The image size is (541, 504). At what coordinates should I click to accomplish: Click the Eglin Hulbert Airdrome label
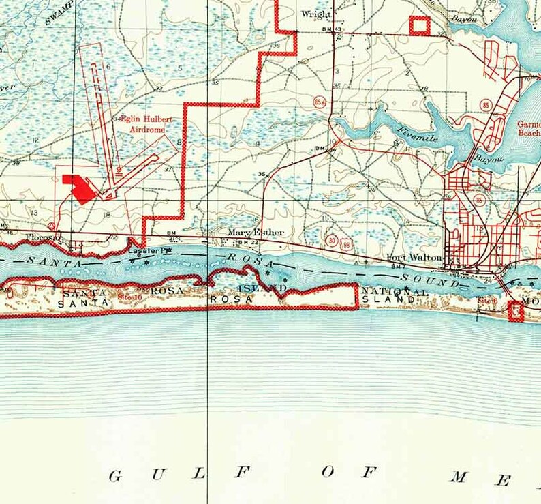tap(146, 123)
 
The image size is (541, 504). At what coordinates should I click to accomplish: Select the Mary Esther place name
tap(246, 232)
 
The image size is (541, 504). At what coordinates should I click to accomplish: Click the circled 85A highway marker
tap(319, 102)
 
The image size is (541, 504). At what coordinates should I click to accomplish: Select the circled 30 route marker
tap(331, 240)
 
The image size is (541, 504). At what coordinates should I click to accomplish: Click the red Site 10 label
tap(129, 297)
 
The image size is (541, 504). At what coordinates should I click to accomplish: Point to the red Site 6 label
tap(486, 300)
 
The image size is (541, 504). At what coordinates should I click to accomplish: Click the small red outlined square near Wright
tap(418, 25)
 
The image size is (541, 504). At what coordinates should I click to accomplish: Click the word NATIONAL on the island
tap(395, 293)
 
